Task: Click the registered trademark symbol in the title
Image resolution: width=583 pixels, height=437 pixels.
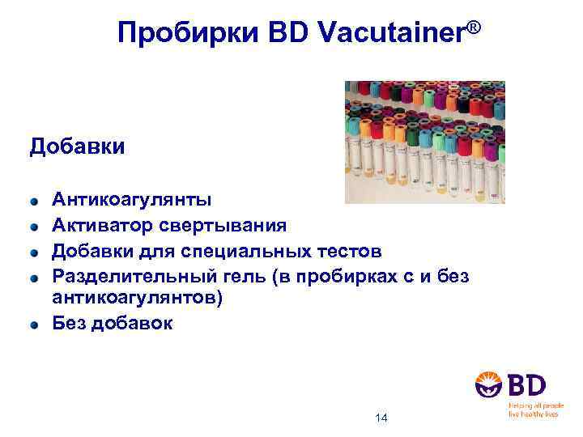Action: click(474, 28)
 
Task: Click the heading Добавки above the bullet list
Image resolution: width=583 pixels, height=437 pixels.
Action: click(78, 147)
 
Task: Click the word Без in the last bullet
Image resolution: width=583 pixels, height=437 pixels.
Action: click(70, 323)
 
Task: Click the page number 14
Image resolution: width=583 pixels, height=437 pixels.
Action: click(382, 418)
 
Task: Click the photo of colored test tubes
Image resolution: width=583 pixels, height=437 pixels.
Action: click(424, 142)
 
